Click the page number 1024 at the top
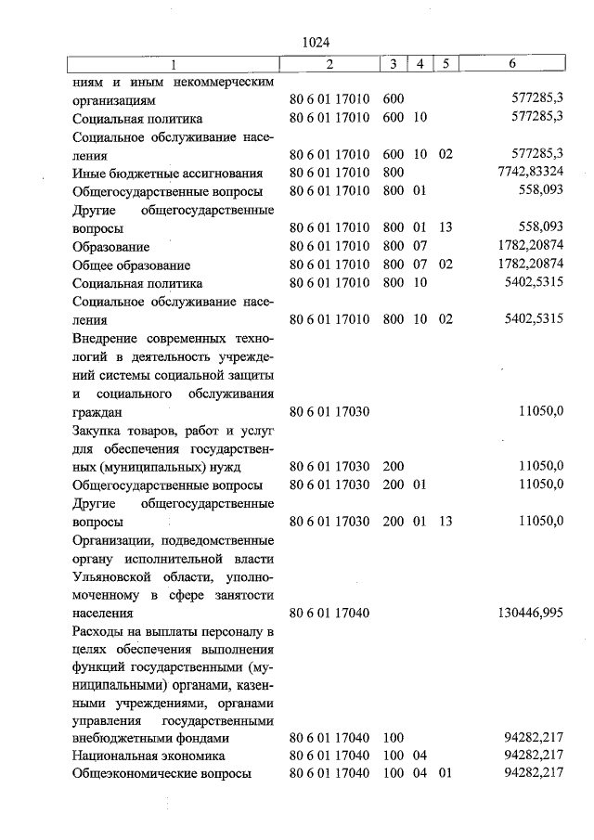(316, 42)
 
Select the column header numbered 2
(329, 64)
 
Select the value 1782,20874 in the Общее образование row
(524, 265)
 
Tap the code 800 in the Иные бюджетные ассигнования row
(393, 173)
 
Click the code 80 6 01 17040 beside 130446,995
(329, 613)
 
